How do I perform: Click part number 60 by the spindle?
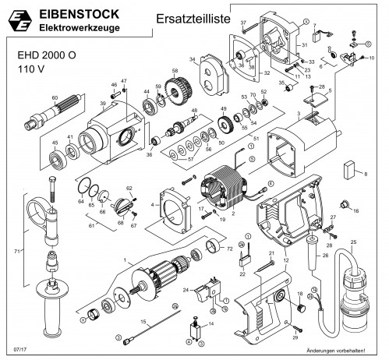click(x=55, y=97)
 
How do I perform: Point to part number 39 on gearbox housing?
click(x=102, y=104)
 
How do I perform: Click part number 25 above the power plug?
click(x=353, y=244)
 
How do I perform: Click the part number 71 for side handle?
click(x=7, y=252)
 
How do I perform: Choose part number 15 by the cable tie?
click(x=143, y=321)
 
